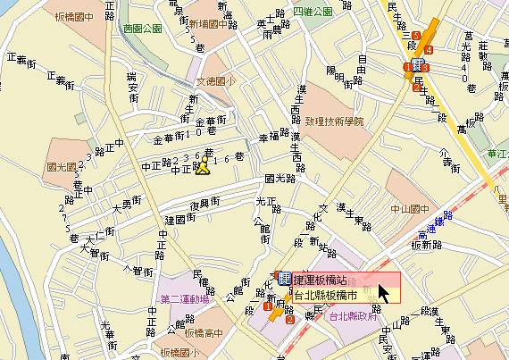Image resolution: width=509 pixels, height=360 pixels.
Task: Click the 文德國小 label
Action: point(214,81)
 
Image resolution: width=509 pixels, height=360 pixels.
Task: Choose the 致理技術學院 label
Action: point(335,121)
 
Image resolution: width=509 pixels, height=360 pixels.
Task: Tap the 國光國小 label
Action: point(63,167)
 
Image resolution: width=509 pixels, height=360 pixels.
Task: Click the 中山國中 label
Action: point(410,212)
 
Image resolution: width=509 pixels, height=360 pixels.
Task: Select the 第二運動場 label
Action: point(184,298)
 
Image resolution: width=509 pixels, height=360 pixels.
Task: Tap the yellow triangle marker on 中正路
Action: point(203,166)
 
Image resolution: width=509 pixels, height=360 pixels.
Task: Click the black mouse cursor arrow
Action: point(384,294)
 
